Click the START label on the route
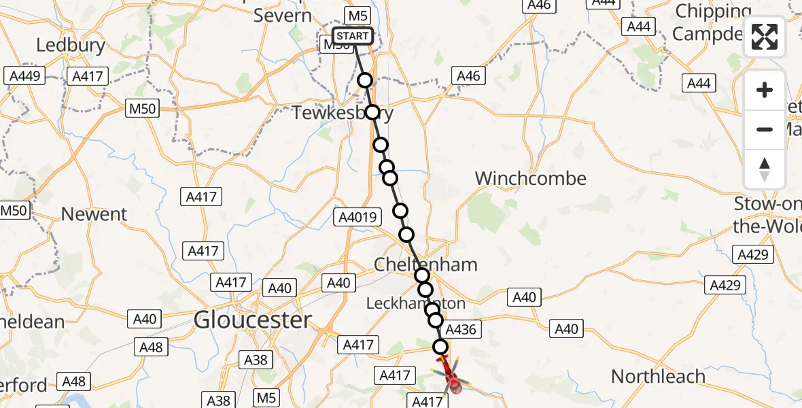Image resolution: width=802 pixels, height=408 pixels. [x=353, y=36]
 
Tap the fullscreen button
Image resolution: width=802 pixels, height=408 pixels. [x=765, y=37]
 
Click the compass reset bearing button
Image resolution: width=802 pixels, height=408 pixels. [x=765, y=169]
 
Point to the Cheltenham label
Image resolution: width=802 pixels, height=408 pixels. [x=426, y=265]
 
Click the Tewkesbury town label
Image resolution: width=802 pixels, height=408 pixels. [x=342, y=113]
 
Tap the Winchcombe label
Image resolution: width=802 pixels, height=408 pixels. [x=530, y=178]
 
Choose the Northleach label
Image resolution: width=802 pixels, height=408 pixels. [x=658, y=376]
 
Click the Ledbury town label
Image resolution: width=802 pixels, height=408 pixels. [x=71, y=46]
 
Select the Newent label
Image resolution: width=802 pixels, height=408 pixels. [x=94, y=214]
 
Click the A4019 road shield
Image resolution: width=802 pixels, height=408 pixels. [x=358, y=217]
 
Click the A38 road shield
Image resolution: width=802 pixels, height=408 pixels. [x=256, y=360]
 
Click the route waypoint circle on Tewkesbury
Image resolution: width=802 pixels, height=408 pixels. [x=372, y=112]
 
